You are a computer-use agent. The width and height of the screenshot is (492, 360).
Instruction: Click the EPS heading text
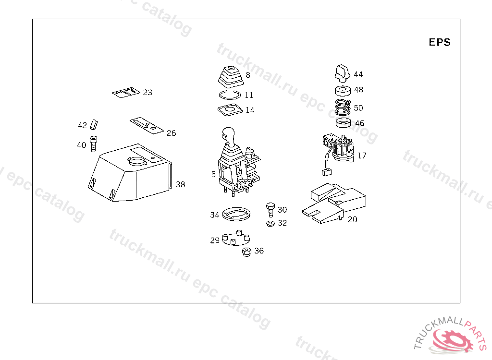click(439, 42)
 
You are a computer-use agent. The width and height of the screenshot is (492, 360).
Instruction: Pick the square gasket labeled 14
click(230, 110)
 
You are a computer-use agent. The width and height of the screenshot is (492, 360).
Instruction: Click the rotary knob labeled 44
click(342, 73)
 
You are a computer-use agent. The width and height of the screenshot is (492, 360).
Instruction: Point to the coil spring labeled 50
click(343, 107)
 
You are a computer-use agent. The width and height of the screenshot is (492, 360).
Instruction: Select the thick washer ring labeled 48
click(343, 91)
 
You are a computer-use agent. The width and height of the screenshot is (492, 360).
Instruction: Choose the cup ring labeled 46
click(343, 123)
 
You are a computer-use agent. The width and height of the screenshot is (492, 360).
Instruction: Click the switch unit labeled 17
click(338, 153)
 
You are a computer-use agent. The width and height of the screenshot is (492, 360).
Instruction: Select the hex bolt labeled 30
click(271, 209)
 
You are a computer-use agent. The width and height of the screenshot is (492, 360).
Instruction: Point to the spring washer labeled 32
click(270, 223)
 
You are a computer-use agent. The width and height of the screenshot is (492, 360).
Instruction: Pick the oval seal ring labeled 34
click(236, 214)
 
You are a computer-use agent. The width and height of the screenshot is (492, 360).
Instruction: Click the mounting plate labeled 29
click(236, 238)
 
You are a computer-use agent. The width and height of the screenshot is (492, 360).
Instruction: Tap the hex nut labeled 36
click(247, 252)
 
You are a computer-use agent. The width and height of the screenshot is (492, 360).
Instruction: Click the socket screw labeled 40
click(93, 144)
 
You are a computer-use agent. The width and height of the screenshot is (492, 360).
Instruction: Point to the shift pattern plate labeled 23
click(126, 93)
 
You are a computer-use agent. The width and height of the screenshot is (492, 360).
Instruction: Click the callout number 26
click(172, 133)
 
